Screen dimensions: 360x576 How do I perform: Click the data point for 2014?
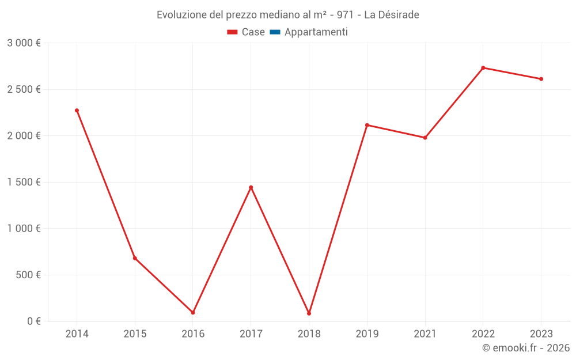click(x=77, y=110)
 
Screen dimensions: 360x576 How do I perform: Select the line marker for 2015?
click(x=135, y=258)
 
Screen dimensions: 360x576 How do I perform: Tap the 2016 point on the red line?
click(x=193, y=312)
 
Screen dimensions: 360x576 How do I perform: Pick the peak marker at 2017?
click(x=251, y=187)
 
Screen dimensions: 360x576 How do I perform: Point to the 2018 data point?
click(x=309, y=313)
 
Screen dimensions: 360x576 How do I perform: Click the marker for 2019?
click(x=367, y=125)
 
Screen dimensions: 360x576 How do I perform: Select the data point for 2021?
click(x=425, y=138)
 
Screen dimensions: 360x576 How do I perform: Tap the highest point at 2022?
click(x=483, y=68)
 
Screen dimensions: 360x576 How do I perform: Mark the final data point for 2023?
click(x=541, y=79)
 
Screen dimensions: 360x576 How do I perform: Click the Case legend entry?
click(x=246, y=32)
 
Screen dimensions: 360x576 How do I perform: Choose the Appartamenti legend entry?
click(x=309, y=32)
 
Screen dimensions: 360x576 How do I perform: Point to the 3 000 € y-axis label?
click(x=24, y=43)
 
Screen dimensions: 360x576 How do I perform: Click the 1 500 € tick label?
click(x=24, y=182)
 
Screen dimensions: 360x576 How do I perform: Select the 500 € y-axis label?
click(x=28, y=275)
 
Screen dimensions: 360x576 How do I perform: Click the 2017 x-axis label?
click(x=251, y=334)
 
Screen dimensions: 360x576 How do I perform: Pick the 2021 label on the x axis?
click(x=425, y=334)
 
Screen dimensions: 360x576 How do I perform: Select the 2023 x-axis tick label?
click(x=541, y=334)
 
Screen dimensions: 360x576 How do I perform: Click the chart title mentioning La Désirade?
click(x=288, y=14)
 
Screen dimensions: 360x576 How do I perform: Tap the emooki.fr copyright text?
click(x=526, y=348)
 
